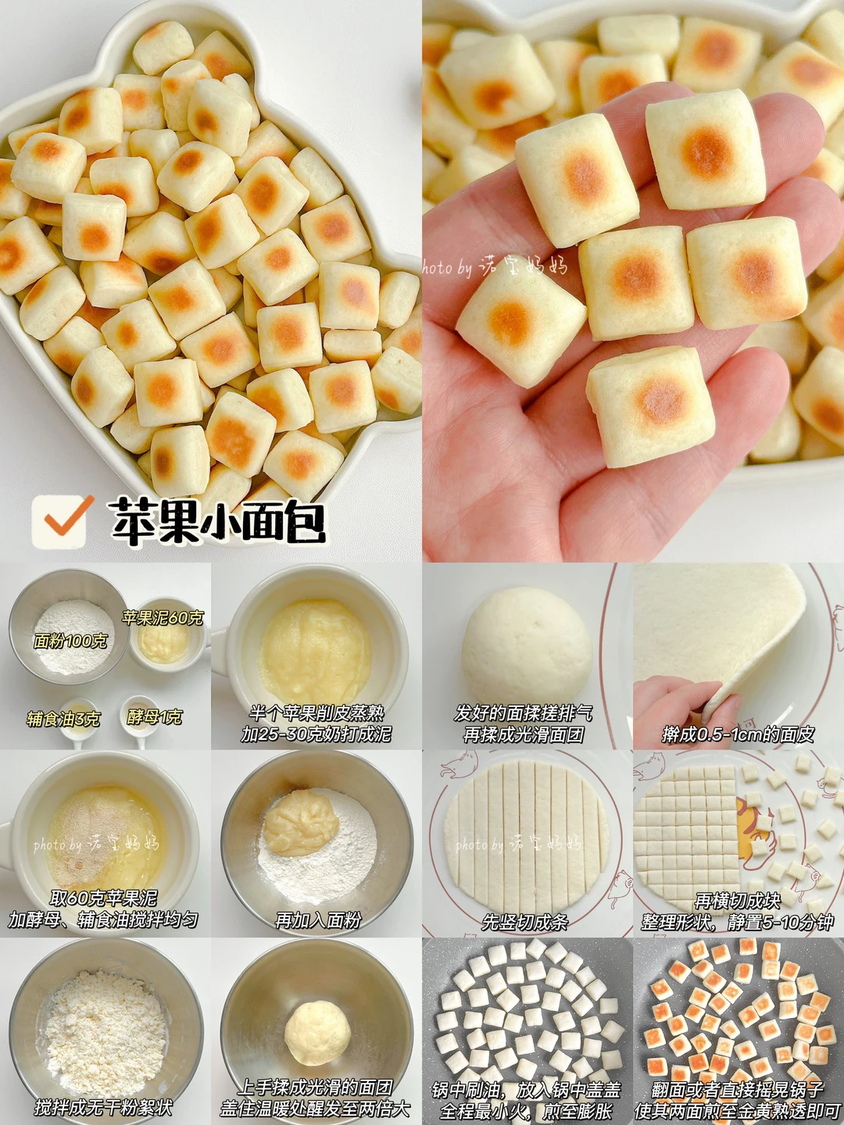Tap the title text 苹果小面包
tap(218, 522)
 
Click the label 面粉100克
tap(70, 641)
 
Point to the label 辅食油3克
tap(63, 719)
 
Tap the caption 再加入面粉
tap(318, 920)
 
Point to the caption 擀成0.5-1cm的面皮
tap(738, 735)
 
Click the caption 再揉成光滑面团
tap(524, 735)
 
